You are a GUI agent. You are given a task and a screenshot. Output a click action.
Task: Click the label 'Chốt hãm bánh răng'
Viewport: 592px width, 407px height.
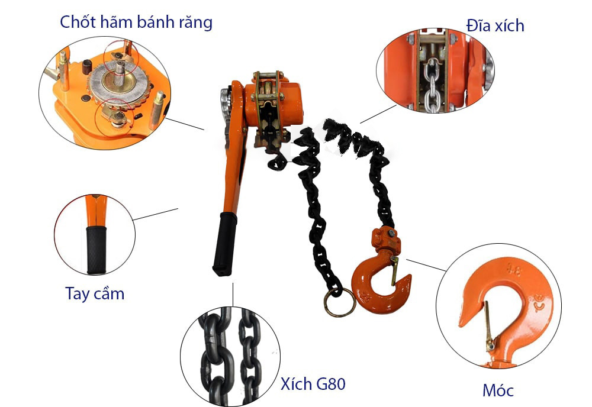[136, 22]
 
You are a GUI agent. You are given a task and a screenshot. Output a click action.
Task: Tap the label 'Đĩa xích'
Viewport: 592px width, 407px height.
[495, 25]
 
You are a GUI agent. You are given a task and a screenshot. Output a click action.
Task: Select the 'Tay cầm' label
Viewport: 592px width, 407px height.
[95, 293]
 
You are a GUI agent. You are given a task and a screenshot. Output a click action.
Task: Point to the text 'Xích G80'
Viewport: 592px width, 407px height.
[313, 384]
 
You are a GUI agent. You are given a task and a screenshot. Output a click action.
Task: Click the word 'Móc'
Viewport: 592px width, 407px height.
[497, 390]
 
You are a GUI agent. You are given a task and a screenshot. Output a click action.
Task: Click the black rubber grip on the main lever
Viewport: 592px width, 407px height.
[224, 243]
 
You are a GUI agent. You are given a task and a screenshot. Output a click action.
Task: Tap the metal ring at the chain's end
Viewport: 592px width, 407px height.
[339, 302]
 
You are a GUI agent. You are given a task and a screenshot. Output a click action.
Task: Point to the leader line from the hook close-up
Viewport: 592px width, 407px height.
[426, 264]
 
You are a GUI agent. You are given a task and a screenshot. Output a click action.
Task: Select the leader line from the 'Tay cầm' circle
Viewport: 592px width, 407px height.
[156, 214]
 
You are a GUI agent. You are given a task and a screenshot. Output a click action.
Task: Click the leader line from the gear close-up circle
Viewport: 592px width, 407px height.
[185, 124]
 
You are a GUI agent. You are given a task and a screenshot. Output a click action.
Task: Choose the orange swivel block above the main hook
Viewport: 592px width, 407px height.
[383, 240]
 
